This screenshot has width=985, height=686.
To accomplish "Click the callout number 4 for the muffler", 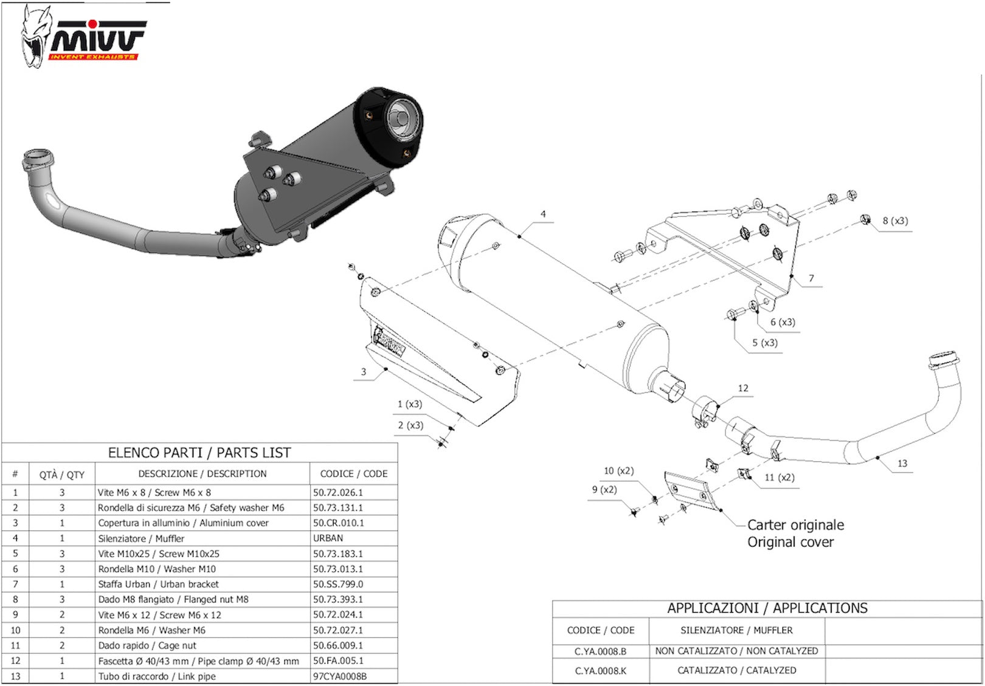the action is point(543,214).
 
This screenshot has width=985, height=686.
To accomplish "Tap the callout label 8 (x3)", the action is point(895,221).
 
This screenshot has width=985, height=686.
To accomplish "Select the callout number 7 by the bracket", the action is point(811,278).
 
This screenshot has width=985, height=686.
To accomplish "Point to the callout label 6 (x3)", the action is point(783,322).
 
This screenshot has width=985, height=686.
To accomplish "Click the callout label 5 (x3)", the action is point(765,343).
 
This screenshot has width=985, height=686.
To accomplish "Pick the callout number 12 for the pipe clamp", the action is point(743,388).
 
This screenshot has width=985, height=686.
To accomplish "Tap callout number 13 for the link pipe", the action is point(902,463).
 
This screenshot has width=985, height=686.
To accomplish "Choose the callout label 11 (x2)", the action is point(779,477).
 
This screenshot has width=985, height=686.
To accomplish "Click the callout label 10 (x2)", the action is point(619,471).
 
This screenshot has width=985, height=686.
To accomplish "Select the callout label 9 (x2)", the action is point(604,490).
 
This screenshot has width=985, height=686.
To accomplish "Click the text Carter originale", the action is point(795,525).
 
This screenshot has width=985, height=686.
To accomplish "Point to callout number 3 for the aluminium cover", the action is point(363,372).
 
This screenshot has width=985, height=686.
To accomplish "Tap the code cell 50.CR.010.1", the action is point(339,523).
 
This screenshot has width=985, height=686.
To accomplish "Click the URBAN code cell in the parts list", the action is point(328,538).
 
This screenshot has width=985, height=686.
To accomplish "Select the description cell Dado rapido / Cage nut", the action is point(147,645).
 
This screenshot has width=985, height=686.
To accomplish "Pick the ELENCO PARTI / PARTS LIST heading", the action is point(199,453).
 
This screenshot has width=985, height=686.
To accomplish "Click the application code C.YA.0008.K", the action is point(601,671).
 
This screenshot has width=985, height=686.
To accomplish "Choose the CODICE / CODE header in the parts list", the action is point(353,474).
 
